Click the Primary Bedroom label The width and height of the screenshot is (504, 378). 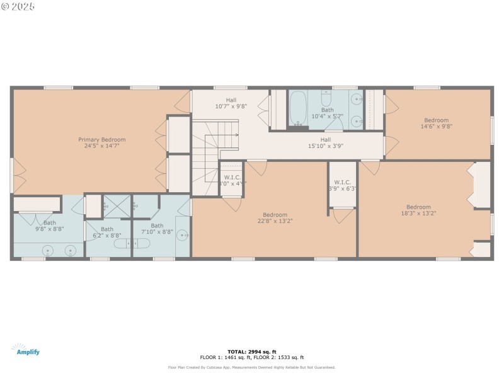[101, 139]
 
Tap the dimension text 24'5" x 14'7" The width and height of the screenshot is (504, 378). [101, 146]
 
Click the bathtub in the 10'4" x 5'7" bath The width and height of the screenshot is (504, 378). [298, 108]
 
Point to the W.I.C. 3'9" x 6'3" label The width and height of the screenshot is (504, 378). [342, 185]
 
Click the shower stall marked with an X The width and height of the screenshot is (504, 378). [117, 205]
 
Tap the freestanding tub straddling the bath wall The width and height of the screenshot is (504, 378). [133, 243]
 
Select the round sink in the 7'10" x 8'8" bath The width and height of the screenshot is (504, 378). [182, 236]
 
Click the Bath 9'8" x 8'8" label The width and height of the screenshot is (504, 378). [49, 226]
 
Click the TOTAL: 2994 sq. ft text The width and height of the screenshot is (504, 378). [251, 352]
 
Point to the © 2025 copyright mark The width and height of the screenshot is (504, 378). [18, 6]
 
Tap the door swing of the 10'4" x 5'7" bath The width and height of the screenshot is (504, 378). [333, 123]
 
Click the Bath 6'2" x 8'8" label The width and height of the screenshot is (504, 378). [107, 232]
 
